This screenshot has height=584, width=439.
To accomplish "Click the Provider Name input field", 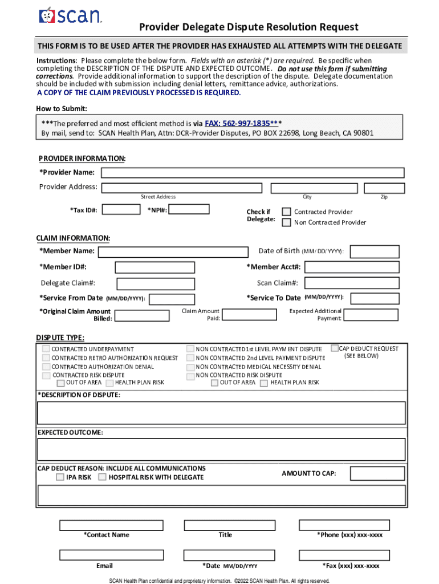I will (x=253, y=173).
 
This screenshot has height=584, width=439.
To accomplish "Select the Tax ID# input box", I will (x=121, y=209).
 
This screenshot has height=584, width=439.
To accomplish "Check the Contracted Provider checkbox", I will (x=286, y=212).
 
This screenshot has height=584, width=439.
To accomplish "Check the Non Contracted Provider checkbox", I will (x=286, y=222).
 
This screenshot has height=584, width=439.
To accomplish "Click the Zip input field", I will (x=384, y=188).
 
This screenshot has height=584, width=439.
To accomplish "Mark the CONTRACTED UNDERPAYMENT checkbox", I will (x=46, y=349).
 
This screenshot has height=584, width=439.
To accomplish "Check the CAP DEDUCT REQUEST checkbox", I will (x=335, y=348).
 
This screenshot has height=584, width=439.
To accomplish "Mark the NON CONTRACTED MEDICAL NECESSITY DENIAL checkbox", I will (x=190, y=367).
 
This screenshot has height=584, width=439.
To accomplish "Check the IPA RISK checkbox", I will (x=60, y=477).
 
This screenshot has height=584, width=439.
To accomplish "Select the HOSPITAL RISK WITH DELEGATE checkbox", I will (x=103, y=477).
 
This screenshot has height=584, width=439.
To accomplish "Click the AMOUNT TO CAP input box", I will (x=377, y=473).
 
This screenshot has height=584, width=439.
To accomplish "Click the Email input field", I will (x=103, y=554).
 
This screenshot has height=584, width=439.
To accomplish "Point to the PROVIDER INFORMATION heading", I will (x=82, y=158).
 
